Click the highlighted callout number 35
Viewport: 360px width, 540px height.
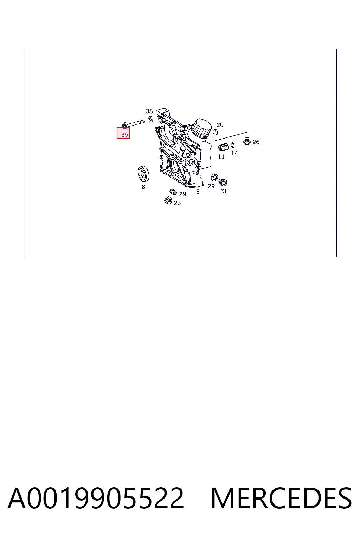pos(124,135)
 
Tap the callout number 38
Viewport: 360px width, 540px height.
pos(149,111)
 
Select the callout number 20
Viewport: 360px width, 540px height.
pos(220,125)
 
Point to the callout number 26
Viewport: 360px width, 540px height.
pos(256,142)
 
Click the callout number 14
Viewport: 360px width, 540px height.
pos(234,153)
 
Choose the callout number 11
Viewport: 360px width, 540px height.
pos(221,157)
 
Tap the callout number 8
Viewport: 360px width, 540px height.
pos(143,187)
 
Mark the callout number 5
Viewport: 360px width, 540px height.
pos(198,192)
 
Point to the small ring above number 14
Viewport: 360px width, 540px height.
pos(232,144)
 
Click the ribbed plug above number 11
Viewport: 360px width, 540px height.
pos(223,147)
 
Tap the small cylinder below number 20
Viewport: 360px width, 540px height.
pos(216,132)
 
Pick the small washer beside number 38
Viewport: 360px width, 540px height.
pos(150,119)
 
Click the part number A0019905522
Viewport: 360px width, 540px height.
pos(96,498)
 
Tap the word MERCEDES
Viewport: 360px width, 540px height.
pos(281,498)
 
